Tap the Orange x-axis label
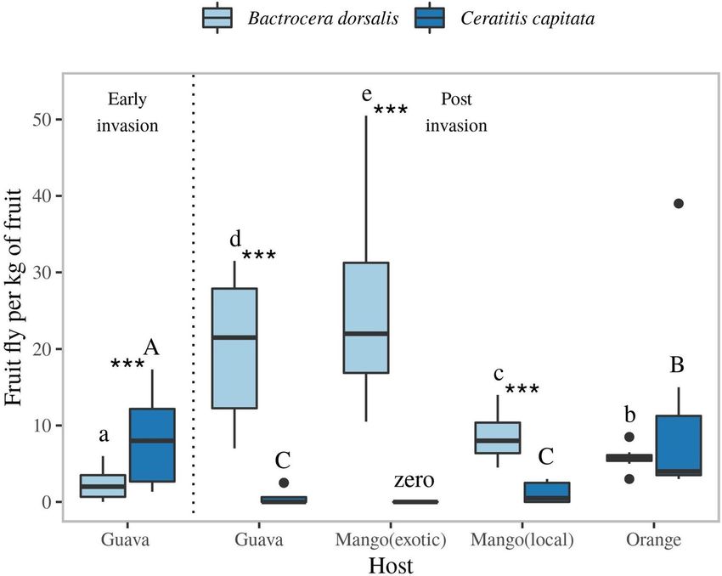coord(654,539)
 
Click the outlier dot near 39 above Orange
coord(679,204)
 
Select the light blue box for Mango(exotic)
coord(364,318)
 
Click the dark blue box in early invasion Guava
coord(152,445)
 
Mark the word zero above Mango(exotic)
coord(415,481)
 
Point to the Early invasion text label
coord(127,112)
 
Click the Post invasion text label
coord(457,112)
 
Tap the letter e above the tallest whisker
coord(367,93)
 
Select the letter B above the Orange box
coord(678,364)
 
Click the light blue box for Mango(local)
coord(496,438)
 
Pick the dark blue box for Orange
coord(679,445)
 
